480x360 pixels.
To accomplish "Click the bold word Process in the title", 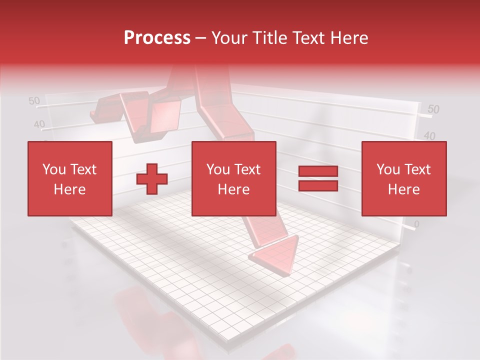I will [157, 38].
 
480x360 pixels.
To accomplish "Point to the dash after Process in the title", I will [200, 38].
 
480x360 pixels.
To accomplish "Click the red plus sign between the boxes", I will [152, 179].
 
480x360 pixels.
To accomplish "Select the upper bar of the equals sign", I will [318, 171].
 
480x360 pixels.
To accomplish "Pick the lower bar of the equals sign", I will [318, 185].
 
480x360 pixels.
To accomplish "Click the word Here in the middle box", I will [233, 189].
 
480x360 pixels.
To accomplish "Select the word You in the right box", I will [387, 169].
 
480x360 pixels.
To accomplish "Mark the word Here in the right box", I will [403, 189].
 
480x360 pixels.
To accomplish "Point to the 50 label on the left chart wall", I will [34, 101].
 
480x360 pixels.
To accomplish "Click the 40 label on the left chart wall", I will [39, 124].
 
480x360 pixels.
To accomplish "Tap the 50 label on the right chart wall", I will [433, 109].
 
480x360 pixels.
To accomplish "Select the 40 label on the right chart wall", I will [429, 136].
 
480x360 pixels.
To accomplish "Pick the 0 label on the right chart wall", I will [417, 224].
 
